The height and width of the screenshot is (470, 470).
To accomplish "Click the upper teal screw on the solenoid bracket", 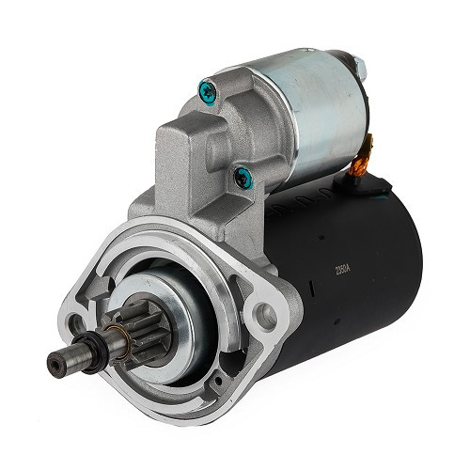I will pyautogui.click(x=207, y=91).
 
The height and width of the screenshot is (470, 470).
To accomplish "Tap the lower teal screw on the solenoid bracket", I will pyautogui.click(x=243, y=174).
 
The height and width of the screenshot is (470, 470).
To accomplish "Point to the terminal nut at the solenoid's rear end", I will pyautogui.click(x=358, y=66).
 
